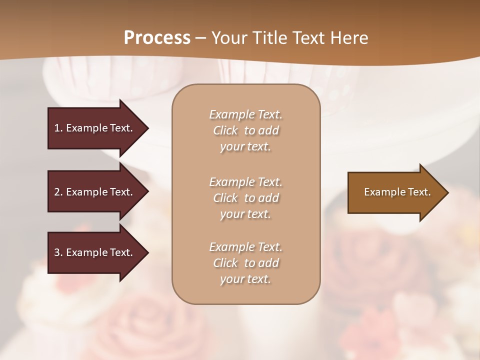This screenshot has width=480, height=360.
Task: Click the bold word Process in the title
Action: pyautogui.click(x=157, y=38)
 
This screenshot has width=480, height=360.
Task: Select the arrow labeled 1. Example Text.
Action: pyautogui.click(x=95, y=128)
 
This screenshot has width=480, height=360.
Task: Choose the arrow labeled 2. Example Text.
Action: pyautogui.click(x=95, y=192)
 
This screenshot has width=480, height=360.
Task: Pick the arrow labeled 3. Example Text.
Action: pyautogui.click(x=95, y=252)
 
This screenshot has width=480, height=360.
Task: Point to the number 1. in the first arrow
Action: pyautogui.click(x=58, y=128)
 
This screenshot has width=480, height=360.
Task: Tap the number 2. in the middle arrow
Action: pyautogui.click(x=58, y=192)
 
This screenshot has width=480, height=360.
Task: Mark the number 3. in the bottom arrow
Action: pyautogui.click(x=58, y=252)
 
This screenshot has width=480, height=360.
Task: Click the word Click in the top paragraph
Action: pyautogui.click(x=225, y=131)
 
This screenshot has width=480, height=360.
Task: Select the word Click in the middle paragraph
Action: pyautogui.click(x=225, y=198)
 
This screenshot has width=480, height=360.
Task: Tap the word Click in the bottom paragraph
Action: pyautogui.click(x=225, y=263)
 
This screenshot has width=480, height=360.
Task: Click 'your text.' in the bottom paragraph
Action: pyautogui.click(x=245, y=279)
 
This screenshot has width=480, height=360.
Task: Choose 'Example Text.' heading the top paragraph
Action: pyautogui.click(x=245, y=115)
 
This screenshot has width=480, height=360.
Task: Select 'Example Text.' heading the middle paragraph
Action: pyautogui.click(x=245, y=182)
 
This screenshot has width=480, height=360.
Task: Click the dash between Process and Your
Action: pyautogui.click(x=201, y=38)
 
